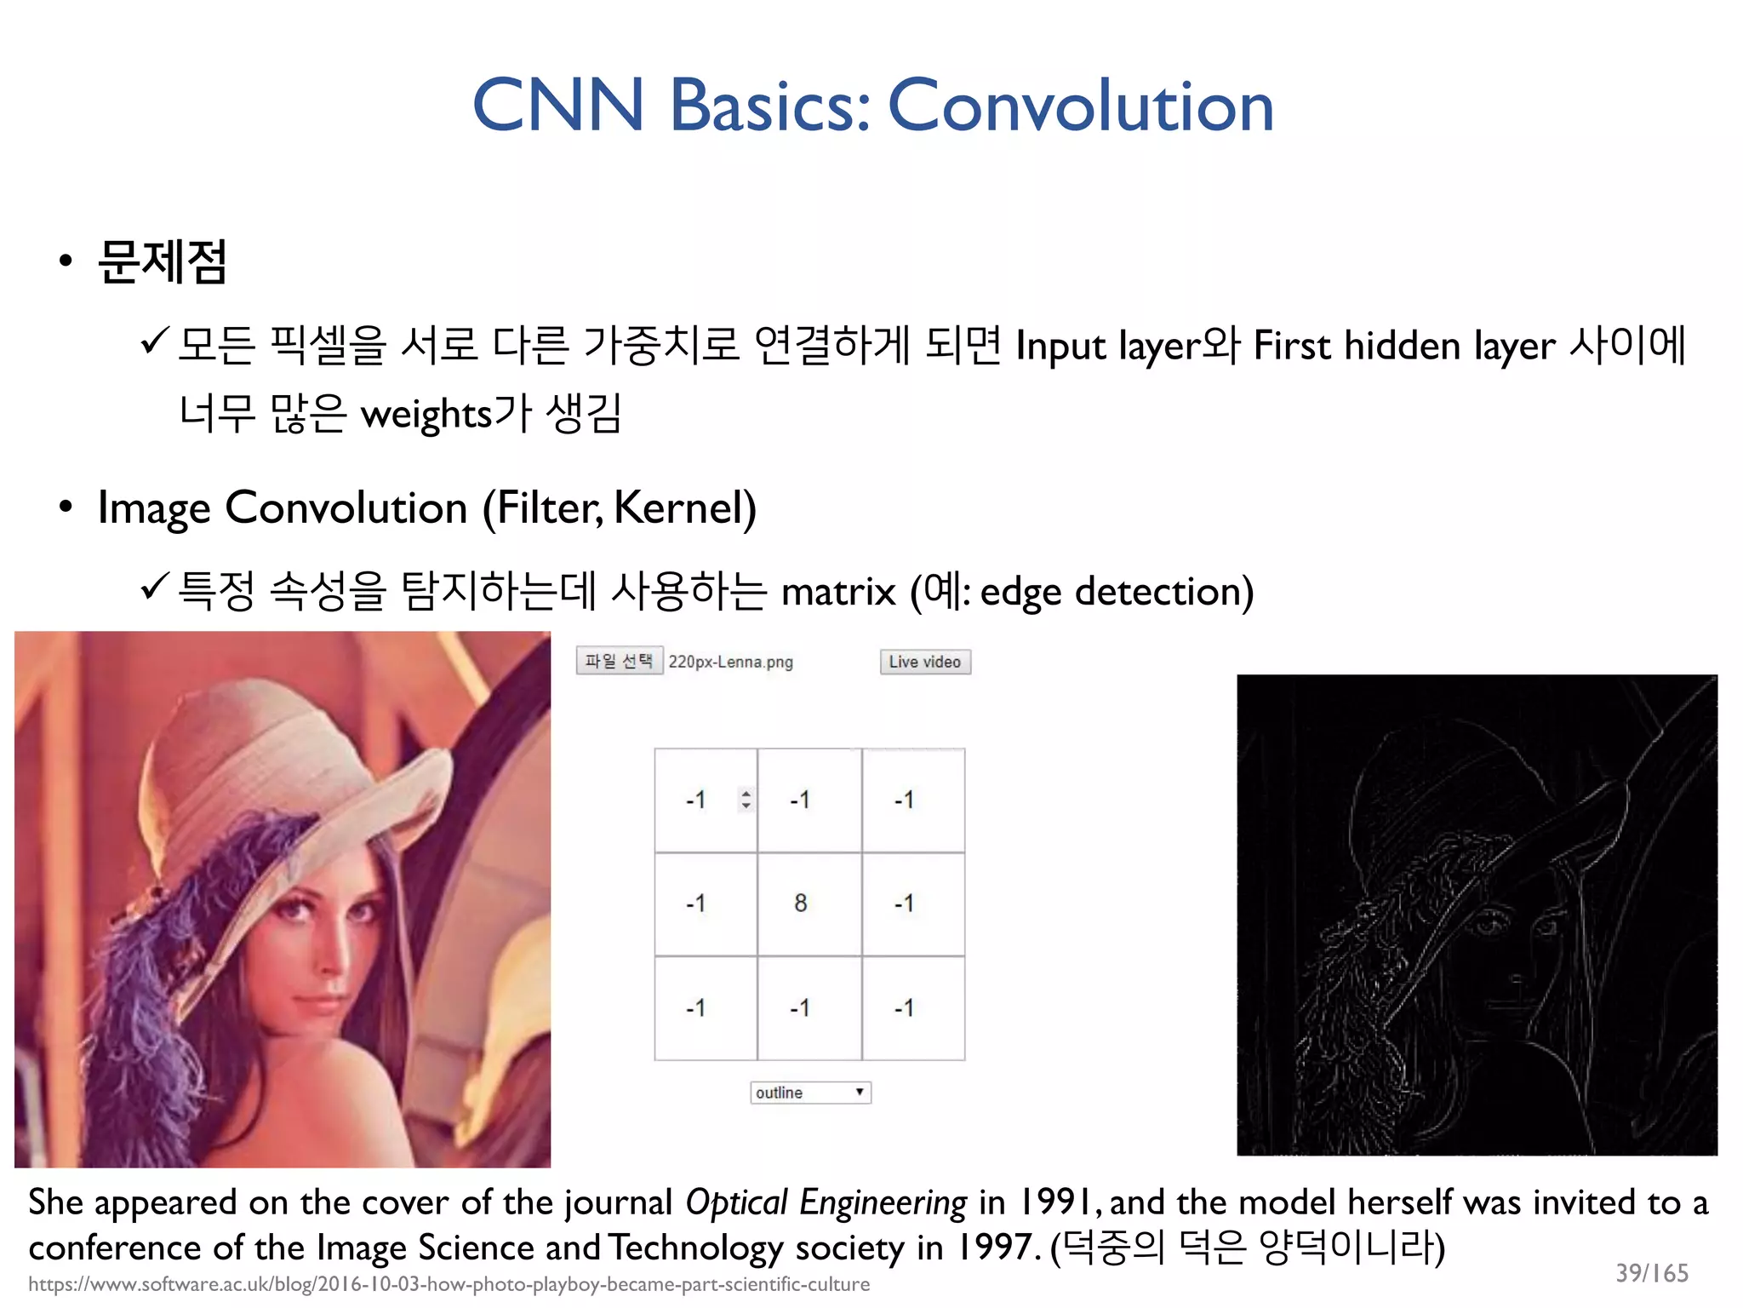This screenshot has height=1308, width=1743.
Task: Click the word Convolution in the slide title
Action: point(1081,106)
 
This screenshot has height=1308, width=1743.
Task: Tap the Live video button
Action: point(925,662)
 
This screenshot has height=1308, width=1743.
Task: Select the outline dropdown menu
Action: point(810,1093)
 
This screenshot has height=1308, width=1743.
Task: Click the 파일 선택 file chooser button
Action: point(619,661)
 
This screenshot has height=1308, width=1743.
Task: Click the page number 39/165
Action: point(1651,1272)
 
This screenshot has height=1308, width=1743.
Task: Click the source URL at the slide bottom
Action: point(449,1284)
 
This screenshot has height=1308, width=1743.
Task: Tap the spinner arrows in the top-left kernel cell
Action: point(746,800)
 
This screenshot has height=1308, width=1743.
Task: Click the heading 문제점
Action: point(163,261)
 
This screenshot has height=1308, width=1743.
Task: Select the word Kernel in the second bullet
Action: point(680,508)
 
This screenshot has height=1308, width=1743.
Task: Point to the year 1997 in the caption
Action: point(995,1248)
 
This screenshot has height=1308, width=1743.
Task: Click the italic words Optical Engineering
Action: point(826,1202)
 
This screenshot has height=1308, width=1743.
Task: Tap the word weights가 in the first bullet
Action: point(446,414)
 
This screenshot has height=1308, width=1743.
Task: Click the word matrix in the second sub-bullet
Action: point(838,592)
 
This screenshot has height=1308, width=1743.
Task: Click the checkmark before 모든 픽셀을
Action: point(155,341)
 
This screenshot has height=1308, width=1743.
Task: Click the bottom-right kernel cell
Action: point(913,1008)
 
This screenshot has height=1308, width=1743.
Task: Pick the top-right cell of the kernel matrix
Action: point(913,800)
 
